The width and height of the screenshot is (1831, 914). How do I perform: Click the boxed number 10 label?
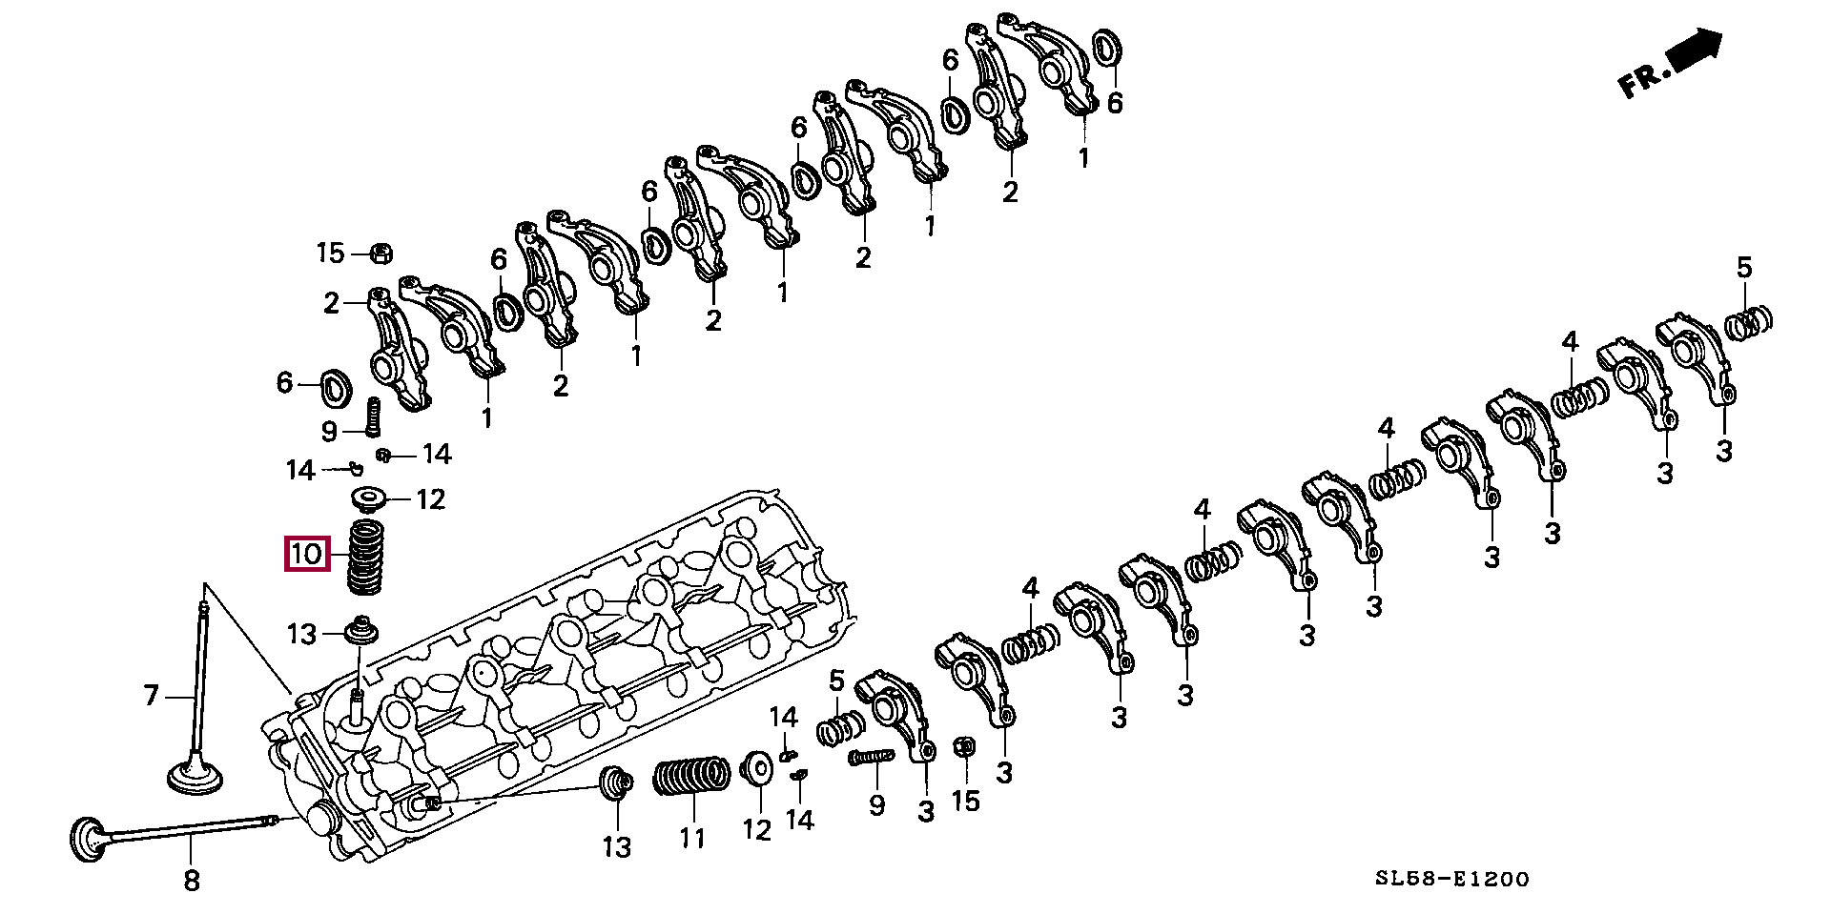coord(307,554)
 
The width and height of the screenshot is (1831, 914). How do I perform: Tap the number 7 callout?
coord(152,696)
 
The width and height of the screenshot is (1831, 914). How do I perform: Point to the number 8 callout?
coord(191,881)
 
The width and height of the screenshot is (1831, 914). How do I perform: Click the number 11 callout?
coord(691,838)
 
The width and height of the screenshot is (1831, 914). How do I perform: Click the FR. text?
coord(1646,81)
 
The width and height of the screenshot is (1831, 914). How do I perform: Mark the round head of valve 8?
coord(89,838)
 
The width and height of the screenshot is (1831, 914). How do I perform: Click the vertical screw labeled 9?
coord(373,415)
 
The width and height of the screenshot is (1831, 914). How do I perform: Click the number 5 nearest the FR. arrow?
coord(1744,268)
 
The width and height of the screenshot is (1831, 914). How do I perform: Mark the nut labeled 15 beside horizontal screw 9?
coord(963,747)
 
